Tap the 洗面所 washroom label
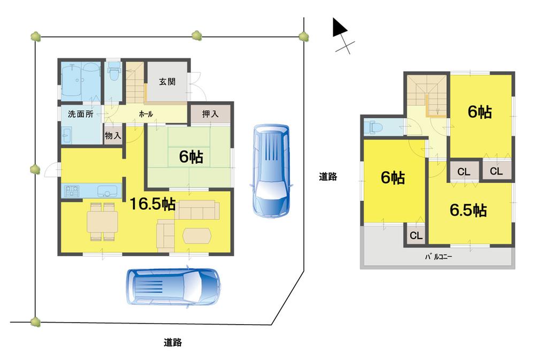(x=80, y=114)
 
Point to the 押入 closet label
(x=210, y=114)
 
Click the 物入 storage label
(x=113, y=136)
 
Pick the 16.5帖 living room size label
(x=152, y=204)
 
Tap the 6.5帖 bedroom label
(x=468, y=210)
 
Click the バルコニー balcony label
(x=439, y=257)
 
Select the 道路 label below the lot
(x=172, y=342)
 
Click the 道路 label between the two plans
(x=328, y=177)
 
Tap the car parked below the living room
(x=173, y=287)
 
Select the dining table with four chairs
(x=102, y=221)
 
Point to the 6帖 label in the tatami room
(x=190, y=157)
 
